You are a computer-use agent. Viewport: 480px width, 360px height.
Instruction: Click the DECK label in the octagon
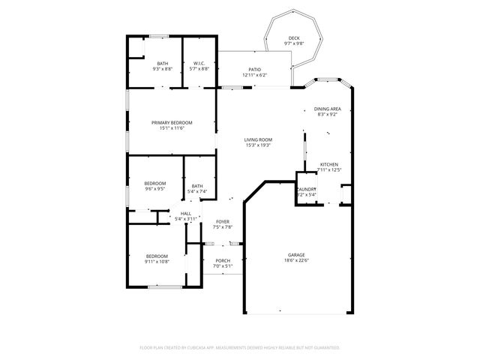pos(294,38)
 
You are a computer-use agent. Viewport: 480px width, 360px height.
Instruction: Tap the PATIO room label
pos(254,70)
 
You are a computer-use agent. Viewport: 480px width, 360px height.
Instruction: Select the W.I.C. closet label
pos(199,63)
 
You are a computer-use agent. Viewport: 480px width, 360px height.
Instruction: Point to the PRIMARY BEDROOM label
pos(172,122)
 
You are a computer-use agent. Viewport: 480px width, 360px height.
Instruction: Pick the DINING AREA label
pos(327,109)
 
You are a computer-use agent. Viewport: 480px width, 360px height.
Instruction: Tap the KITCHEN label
pos(328,164)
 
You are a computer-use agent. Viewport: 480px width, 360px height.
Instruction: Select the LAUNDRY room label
pos(307,189)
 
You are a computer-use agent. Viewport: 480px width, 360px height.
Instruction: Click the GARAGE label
pos(297,255)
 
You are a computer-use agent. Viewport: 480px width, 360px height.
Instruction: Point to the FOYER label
pos(222,222)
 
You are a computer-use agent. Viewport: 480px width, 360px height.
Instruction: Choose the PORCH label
pos(222,260)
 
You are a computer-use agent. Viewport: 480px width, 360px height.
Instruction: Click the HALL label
pos(185,214)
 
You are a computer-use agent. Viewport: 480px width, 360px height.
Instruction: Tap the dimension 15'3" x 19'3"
pos(257,145)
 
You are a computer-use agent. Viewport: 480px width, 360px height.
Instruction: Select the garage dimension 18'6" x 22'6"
pos(297,261)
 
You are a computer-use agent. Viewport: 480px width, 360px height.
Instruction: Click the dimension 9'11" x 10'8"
pos(156,261)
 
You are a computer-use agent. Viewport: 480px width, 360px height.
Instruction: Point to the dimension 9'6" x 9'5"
pos(155,189)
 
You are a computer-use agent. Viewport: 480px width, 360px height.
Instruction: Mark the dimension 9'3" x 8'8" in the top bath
pos(162,69)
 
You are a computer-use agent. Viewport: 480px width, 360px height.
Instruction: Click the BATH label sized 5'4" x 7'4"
pos(196,186)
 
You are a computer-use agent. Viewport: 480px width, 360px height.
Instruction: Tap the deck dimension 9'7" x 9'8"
pos(294,44)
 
